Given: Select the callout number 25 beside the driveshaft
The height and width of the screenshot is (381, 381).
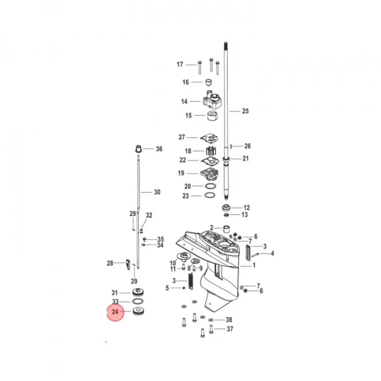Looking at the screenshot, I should pyautogui.click(x=245, y=111).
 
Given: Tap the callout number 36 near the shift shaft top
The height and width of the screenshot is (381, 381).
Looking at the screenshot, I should pyautogui.click(x=159, y=149).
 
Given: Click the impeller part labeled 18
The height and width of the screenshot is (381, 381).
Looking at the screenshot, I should pyautogui.click(x=209, y=151).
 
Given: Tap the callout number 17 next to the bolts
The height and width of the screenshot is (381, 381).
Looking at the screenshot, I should pyautogui.click(x=180, y=64).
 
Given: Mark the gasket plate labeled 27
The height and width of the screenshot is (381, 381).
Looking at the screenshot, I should pyautogui.click(x=209, y=138).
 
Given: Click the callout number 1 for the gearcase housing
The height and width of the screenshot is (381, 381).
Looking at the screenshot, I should pyautogui.click(x=254, y=265).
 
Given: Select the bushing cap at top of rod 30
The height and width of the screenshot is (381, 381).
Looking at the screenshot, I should pyautogui.click(x=138, y=149).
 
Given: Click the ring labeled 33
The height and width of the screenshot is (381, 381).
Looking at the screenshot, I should pyautogui.click(x=137, y=301).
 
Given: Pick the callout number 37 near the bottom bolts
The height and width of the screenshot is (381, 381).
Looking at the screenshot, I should pyautogui.click(x=230, y=329).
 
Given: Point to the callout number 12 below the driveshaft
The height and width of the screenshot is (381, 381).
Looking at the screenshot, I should pyautogui.click(x=247, y=208).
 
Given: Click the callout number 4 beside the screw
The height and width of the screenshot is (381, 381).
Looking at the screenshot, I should pyautogui.click(x=272, y=253).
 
